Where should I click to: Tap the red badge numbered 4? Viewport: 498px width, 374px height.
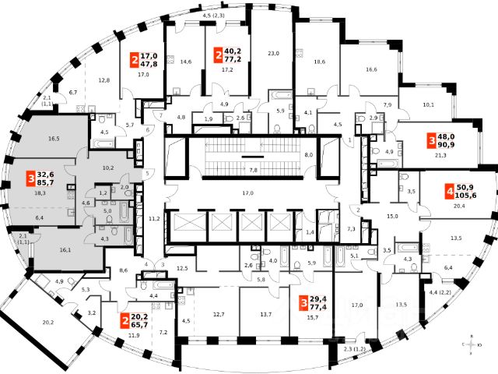click(450, 190)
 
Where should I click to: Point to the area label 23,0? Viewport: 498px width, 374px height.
click(272, 53)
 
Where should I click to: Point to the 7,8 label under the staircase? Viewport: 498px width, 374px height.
click(252, 169)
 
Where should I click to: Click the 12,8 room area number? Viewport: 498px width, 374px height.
click(105, 81)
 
